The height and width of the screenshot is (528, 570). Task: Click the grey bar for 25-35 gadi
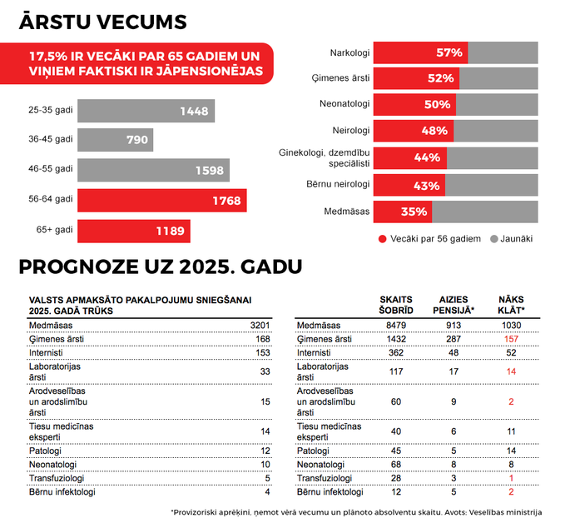146,111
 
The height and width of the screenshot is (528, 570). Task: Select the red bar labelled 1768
161,200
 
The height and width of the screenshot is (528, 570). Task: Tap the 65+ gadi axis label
55,230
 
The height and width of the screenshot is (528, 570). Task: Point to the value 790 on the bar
137,140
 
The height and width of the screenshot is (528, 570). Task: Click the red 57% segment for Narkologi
420,52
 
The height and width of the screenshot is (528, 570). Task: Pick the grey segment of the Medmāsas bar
485,212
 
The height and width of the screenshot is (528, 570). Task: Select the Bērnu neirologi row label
338,184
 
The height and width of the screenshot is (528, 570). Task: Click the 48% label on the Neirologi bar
434,131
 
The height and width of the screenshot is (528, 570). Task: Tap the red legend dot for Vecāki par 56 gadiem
382,239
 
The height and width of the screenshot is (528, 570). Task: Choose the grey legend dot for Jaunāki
493,239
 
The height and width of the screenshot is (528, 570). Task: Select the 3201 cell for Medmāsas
260,326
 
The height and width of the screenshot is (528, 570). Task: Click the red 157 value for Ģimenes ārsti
511,339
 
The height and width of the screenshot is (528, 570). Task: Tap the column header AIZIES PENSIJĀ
454,305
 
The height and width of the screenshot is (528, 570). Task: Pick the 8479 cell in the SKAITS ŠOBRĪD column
396,326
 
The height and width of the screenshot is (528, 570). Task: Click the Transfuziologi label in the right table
325,478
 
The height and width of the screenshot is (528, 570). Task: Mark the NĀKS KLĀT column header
511,305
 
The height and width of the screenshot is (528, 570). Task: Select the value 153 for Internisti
262,352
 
